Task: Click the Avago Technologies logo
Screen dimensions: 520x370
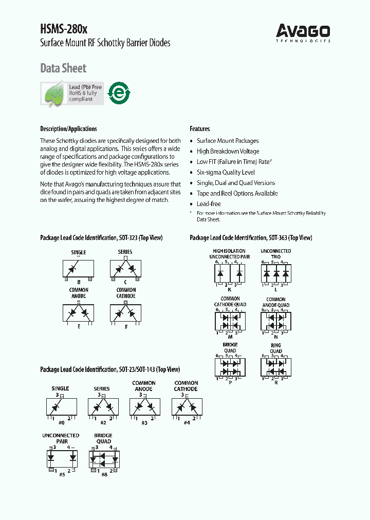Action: pyautogui.click(x=303, y=32)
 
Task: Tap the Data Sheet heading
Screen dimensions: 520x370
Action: pyautogui.click(x=63, y=68)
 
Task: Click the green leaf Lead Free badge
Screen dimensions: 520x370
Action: pyautogui.click(x=72, y=94)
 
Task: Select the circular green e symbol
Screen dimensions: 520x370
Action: pyautogui.click(x=118, y=94)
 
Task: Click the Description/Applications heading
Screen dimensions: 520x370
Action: pyautogui.click(x=68, y=129)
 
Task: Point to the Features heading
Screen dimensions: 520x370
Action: pyautogui.click(x=200, y=129)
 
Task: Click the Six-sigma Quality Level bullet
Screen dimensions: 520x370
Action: pyautogui.click(x=226, y=172)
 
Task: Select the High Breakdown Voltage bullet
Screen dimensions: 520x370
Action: pyautogui.click(x=228, y=151)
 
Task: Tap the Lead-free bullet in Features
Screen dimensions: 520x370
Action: pyautogui.click(x=209, y=204)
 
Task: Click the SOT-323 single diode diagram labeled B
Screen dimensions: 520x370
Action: pyautogui.click(x=78, y=269)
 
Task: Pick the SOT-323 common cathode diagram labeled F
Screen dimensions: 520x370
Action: pyautogui.click(x=126, y=313)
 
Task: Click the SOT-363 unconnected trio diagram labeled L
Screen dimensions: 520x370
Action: pyautogui.click(x=275, y=273)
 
